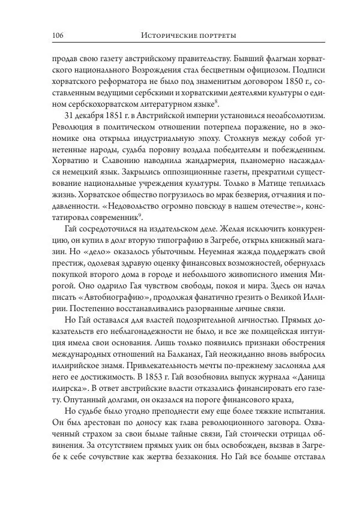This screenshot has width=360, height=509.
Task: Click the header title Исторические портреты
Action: [x=188, y=36]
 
